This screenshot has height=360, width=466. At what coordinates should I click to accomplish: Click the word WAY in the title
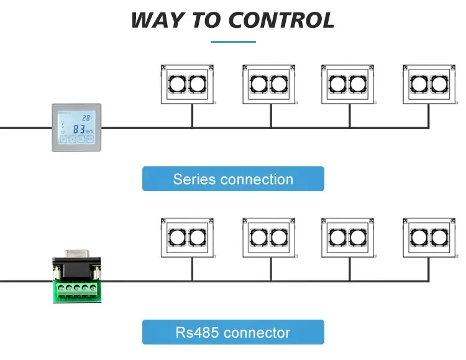click(x=157, y=20)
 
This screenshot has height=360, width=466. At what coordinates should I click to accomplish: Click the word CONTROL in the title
click(x=281, y=20)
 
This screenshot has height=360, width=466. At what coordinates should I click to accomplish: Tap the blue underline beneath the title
click(x=233, y=42)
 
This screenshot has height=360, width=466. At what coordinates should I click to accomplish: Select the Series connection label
click(x=233, y=179)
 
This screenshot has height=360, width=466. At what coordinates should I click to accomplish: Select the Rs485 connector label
click(x=233, y=332)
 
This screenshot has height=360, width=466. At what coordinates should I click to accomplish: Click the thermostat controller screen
click(x=76, y=127)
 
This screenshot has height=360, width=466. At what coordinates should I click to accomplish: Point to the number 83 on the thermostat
click(x=79, y=129)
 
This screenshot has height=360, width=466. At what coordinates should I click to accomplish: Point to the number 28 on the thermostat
click(x=86, y=118)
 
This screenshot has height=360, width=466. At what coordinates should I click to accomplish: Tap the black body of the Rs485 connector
click(x=76, y=269)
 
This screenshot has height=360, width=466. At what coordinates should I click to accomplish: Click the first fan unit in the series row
click(x=187, y=84)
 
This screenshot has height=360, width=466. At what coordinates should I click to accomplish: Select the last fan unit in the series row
click(x=429, y=84)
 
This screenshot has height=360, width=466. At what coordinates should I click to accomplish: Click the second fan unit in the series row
click(x=269, y=84)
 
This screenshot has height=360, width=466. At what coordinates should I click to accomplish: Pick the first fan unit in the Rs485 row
click(x=187, y=238)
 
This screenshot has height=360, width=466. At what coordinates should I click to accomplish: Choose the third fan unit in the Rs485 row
click(x=348, y=238)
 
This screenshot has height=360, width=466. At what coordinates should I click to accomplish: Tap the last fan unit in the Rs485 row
click(x=429, y=238)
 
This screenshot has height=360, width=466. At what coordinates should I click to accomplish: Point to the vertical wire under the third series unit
click(x=350, y=116)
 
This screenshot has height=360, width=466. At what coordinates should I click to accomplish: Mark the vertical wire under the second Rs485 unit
click(x=271, y=269)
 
